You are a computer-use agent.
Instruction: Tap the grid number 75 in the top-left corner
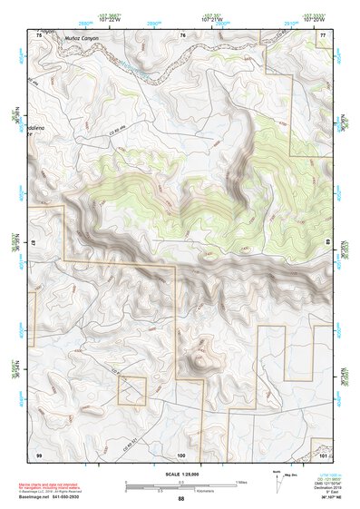click(x=38, y=34)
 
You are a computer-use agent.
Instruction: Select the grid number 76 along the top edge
click(x=182, y=34)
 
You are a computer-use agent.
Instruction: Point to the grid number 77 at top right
click(x=323, y=34)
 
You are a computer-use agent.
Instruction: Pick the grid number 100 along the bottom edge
click(x=181, y=453)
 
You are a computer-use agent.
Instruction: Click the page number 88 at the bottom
click(x=180, y=498)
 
